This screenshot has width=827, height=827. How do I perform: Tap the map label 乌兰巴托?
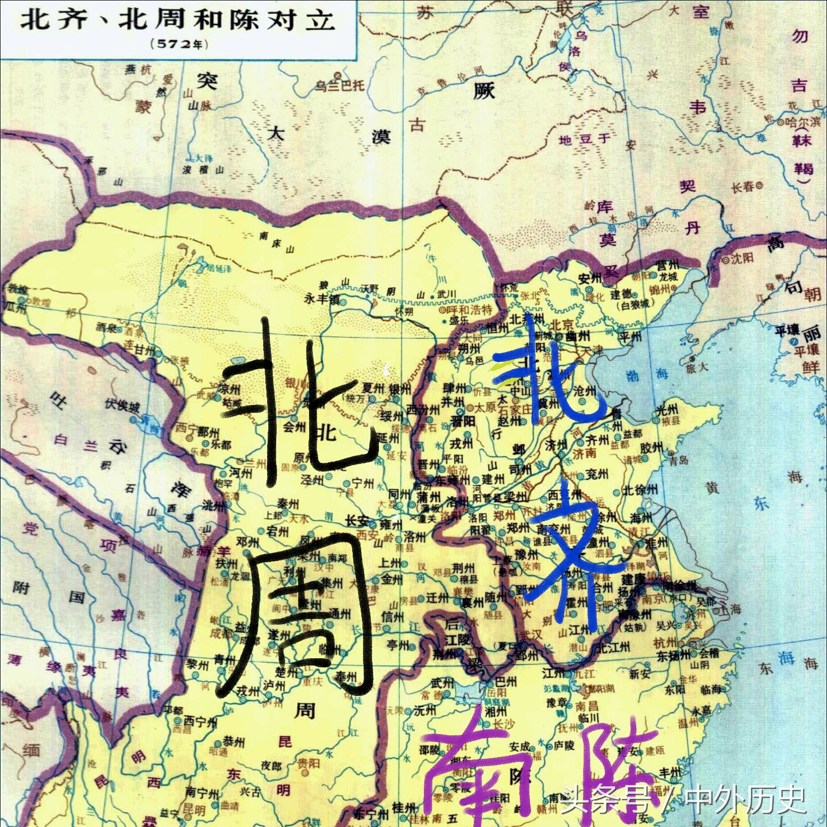click(339, 86)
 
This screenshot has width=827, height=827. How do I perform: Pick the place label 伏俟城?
click(122, 405)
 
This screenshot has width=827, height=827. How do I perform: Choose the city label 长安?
click(357, 521)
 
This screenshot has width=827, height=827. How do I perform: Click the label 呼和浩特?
click(471, 310)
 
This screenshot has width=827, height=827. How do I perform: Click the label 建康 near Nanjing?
click(633, 579)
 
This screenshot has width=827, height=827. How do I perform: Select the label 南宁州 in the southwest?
click(202, 793)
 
